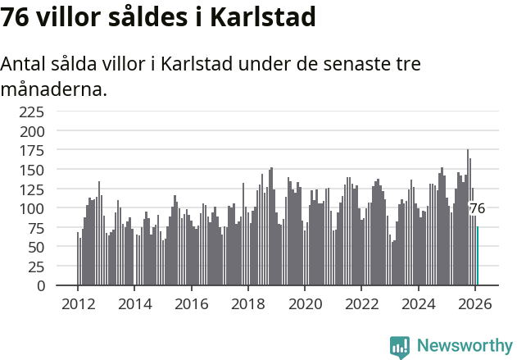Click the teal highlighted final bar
[x=478, y=256]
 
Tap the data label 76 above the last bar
[x=477, y=209]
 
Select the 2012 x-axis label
[x=78, y=303]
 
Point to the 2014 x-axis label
[x=134, y=303]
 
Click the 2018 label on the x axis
[x=248, y=303]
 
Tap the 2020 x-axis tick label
[x=305, y=303]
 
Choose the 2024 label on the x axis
[x=419, y=303]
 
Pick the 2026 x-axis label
[x=475, y=303]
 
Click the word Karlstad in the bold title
[x=262, y=16]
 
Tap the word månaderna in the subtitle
[x=54, y=89]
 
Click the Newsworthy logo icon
[x=400, y=346]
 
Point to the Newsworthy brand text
[x=464, y=346]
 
